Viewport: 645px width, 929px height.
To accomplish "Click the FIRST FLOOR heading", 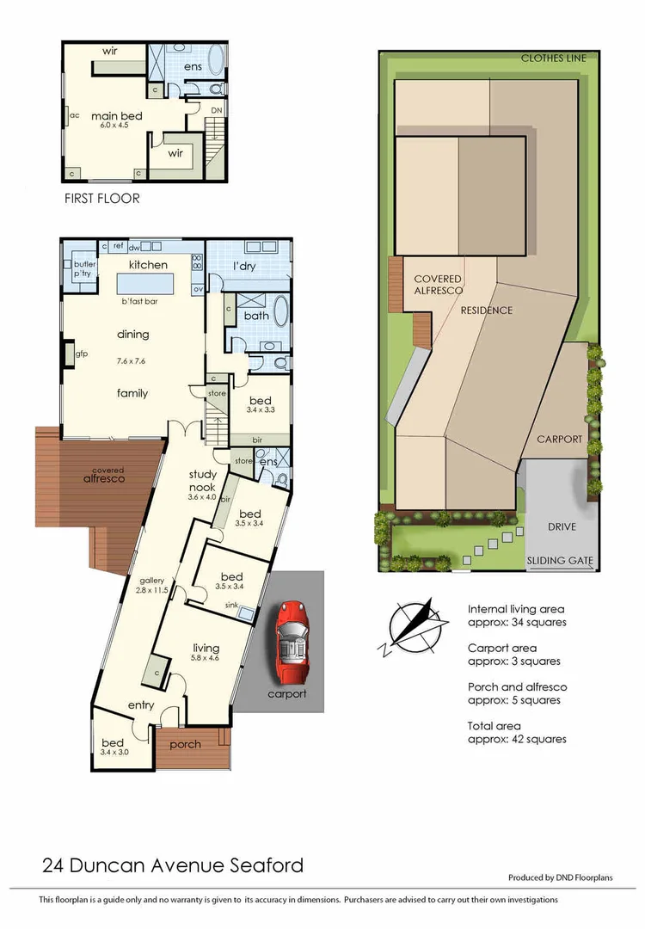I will point(102,198).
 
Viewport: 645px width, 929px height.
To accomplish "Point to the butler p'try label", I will point(83,268).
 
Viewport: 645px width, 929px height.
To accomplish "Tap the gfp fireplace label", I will point(83,354).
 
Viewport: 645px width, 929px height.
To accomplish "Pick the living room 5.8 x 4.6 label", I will point(206,653).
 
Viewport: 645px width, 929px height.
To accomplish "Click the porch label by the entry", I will point(185,744).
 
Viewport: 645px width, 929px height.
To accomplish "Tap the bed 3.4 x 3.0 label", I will point(113,748).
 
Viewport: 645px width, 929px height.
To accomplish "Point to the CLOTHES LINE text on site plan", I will point(553,58).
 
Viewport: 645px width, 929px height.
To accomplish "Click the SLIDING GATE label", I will point(559,561).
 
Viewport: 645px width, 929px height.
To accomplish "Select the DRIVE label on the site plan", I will point(561,526).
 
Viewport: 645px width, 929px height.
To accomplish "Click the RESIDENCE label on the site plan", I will point(486,311).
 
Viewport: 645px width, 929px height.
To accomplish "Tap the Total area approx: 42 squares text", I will point(517,733).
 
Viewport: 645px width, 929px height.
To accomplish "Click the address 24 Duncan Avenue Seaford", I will point(172,864).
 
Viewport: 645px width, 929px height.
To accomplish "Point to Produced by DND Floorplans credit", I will point(572,878).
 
